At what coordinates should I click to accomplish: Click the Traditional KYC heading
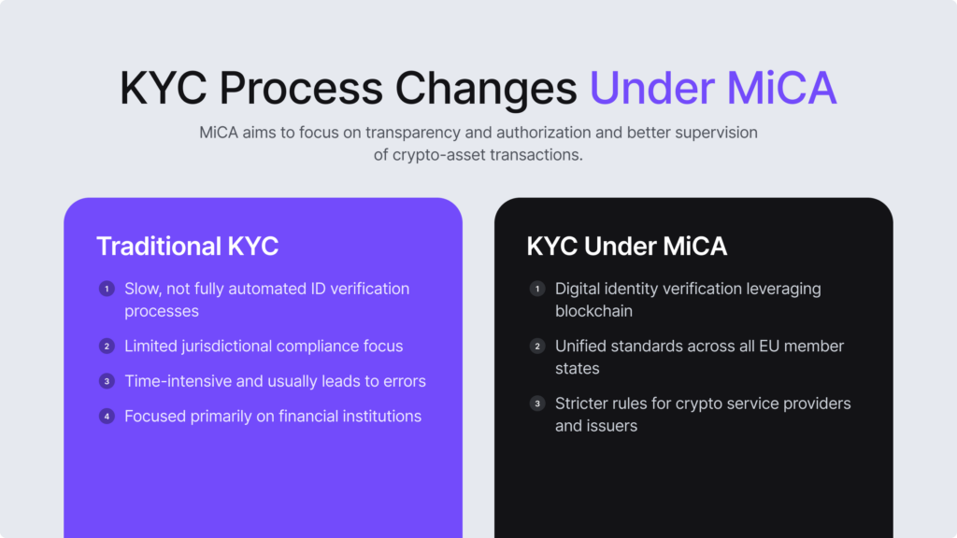click(x=187, y=247)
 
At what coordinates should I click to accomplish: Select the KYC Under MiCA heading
click(x=627, y=247)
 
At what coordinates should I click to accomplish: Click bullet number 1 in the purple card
click(x=107, y=289)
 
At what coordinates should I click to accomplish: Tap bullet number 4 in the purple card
click(x=107, y=416)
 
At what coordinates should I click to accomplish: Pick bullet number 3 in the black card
click(x=537, y=403)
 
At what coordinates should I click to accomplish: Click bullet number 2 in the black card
click(x=537, y=346)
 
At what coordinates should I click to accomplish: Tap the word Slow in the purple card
click(x=142, y=289)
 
